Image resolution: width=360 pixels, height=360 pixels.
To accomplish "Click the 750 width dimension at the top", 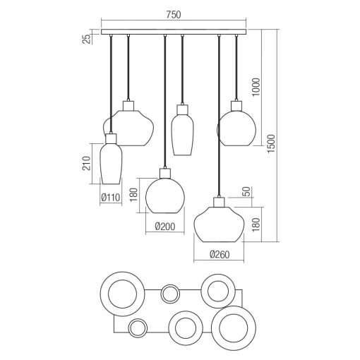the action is [174, 15].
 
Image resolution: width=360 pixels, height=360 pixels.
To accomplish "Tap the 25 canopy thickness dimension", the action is [87, 39].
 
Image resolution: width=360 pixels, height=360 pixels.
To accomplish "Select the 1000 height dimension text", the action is [256, 87].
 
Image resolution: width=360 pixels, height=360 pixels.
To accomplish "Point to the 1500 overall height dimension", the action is [271, 143].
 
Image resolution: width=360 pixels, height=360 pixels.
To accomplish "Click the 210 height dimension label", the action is [86, 163].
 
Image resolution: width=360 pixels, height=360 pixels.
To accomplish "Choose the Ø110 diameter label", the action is [111, 198].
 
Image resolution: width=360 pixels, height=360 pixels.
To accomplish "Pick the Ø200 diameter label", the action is [165, 227].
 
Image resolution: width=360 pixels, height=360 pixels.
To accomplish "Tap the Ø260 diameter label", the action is [219, 254].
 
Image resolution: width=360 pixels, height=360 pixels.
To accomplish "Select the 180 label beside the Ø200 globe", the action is [133, 195].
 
